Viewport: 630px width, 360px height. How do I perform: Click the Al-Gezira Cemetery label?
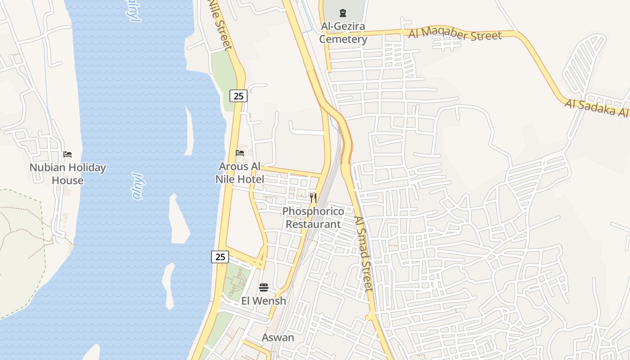tap(343, 33)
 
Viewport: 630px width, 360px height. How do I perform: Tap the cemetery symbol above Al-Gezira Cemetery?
tap(343, 13)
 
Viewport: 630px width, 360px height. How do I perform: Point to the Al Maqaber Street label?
tap(454, 35)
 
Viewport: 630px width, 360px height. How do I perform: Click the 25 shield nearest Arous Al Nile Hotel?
tap(238, 96)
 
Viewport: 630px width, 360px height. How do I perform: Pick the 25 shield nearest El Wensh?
tap(220, 257)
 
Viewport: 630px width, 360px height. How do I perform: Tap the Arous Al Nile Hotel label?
tap(239, 173)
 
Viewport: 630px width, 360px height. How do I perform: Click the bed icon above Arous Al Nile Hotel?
tap(240, 153)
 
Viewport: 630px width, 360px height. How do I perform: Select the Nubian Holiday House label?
tap(67, 174)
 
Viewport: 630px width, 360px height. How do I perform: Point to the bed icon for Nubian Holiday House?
tap(67, 154)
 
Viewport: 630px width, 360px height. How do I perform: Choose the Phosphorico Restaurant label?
tap(313, 217)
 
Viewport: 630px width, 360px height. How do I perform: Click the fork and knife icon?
tap(313, 198)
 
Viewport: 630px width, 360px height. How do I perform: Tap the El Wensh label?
tap(264, 301)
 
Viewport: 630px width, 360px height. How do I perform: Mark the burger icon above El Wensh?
tap(264, 288)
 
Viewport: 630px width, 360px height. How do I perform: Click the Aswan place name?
tap(278, 337)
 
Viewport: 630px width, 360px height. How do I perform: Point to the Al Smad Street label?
tap(364, 254)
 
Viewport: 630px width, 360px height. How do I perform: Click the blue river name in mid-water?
tap(138, 186)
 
